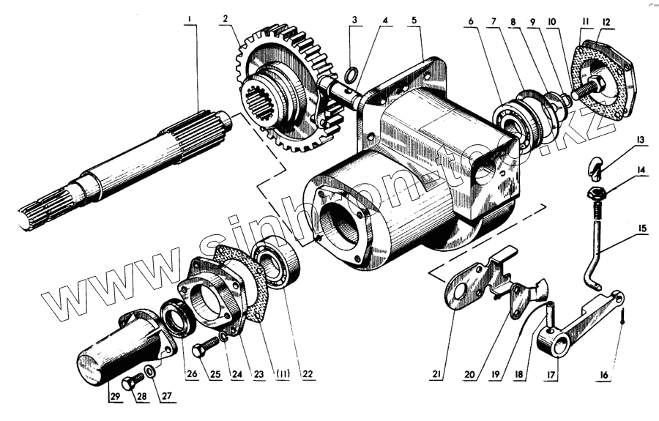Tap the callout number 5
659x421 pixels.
pyautogui.click(x=415, y=20)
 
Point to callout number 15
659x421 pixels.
pyautogui.click(x=641, y=228)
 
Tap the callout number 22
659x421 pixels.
pyautogui.click(x=308, y=374)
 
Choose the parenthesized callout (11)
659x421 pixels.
pyautogui.click(x=282, y=374)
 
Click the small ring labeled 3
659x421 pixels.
pyautogui.click(x=351, y=73)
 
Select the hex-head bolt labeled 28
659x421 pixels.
pyautogui.click(x=133, y=383)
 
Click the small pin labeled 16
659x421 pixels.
pyautogui.click(x=621, y=316)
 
